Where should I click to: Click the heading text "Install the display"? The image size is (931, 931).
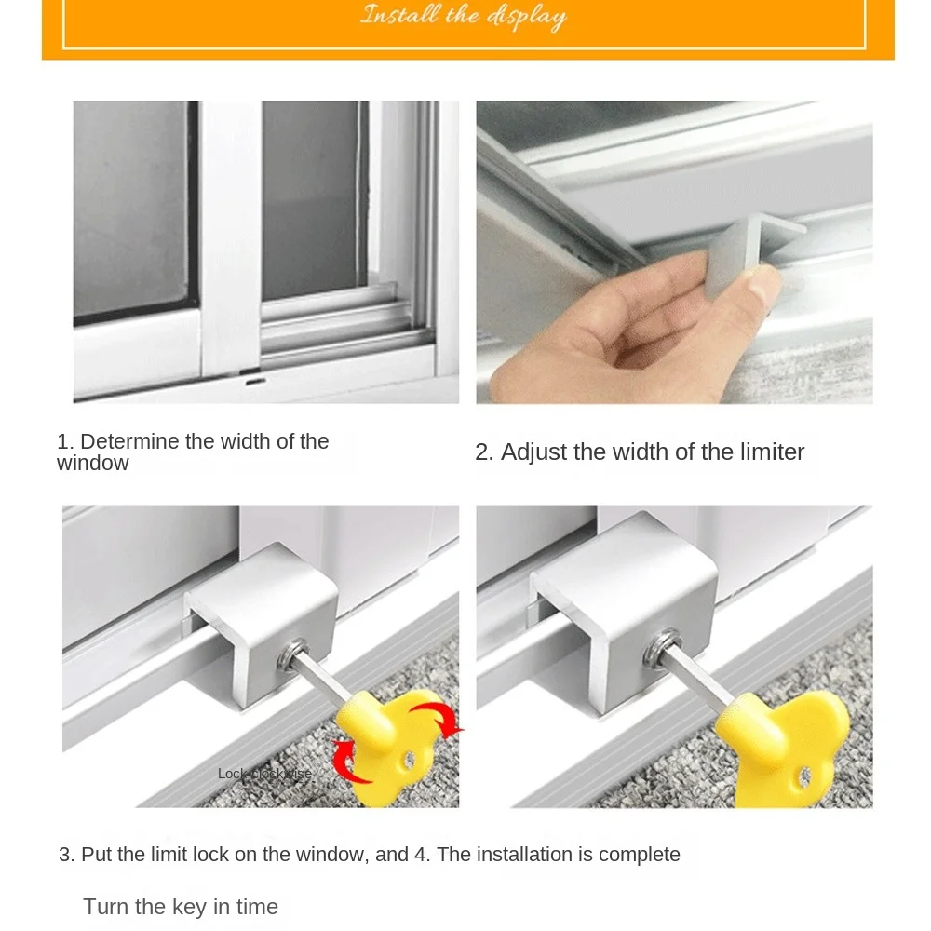pyautogui.click(x=463, y=17)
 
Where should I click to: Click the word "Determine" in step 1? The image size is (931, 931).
pyautogui.click(x=128, y=441)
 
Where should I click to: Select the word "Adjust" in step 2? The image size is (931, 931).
pyautogui.click(x=534, y=452)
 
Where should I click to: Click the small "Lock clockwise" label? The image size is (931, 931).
pyautogui.click(x=264, y=774)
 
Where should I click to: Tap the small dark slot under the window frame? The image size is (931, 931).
pyautogui.click(x=252, y=380)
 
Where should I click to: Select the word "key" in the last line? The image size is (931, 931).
pyautogui.click(x=189, y=907)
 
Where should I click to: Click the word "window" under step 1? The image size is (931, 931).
pyautogui.click(x=92, y=463)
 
